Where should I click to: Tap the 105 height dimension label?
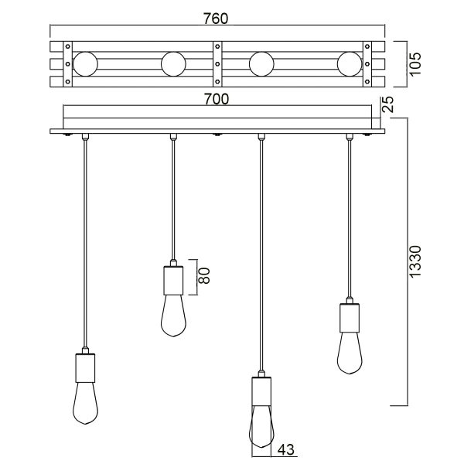pyautogui.click(x=415, y=62)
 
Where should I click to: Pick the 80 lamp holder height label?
pyautogui.click(x=205, y=275)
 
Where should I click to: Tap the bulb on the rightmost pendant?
pyautogui.click(x=350, y=352)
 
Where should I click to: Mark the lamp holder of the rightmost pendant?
pyautogui.click(x=350, y=317)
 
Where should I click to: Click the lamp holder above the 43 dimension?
pyautogui.click(x=261, y=391)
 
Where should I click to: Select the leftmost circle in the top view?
pyautogui.click(x=85, y=63)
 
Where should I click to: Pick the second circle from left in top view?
pyautogui.click(x=173, y=63)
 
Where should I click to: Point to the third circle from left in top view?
pyautogui.click(x=261, y=63)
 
